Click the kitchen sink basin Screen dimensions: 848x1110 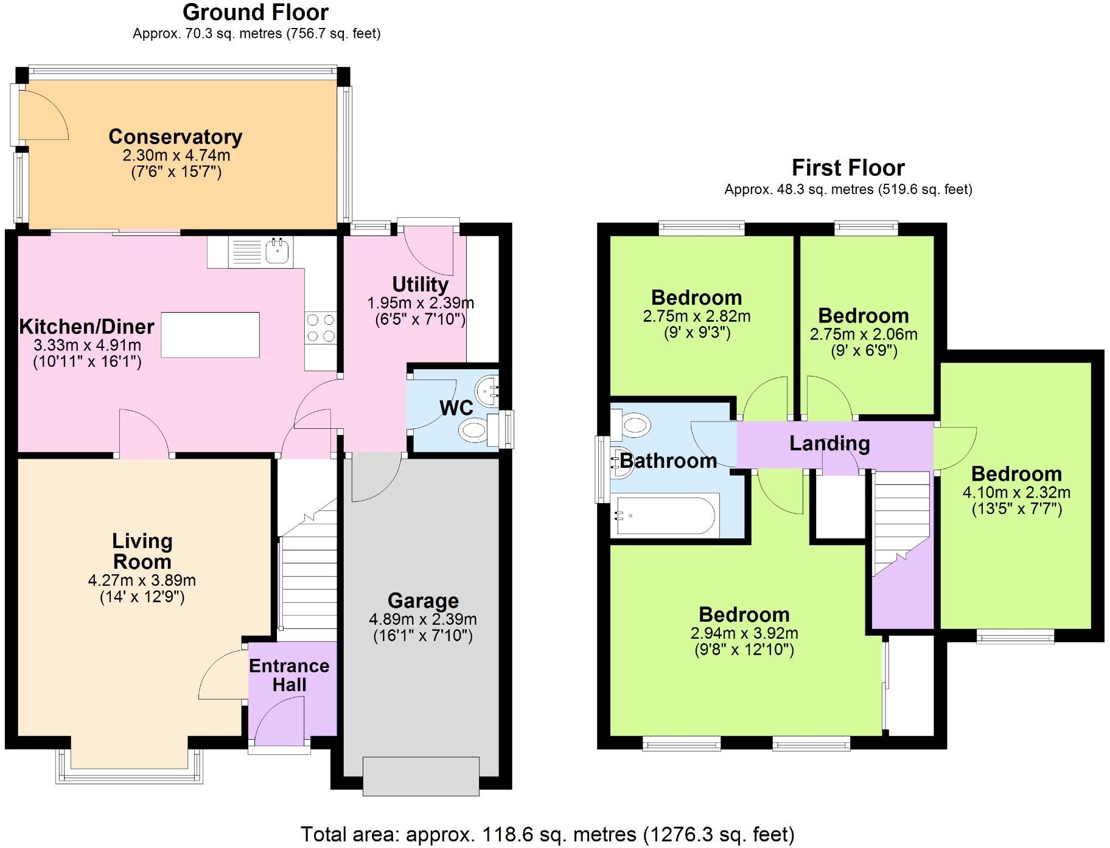pos(279,251)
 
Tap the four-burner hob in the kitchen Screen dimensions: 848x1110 pos(321,328)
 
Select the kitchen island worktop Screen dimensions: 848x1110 pos(211,335)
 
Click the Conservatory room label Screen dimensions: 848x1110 pos(175,137)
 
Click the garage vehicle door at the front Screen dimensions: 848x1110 pos(421,776)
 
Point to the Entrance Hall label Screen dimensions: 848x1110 pos(289,675)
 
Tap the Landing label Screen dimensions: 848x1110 pos(829,443)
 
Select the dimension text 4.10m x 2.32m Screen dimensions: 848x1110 pos(1016,492)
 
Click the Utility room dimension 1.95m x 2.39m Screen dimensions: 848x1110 pos(421,303)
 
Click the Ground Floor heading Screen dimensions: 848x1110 pos(256,12)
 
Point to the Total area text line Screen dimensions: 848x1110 pos(547,833)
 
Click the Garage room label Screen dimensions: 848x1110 pos(423,600)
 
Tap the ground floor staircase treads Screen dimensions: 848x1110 pos(308,584)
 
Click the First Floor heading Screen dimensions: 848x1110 pos(848,167)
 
